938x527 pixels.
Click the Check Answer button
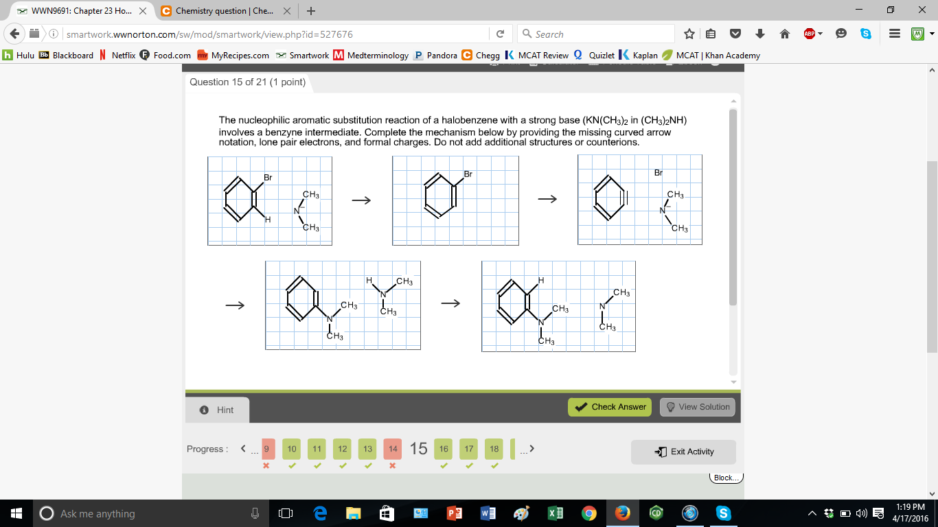[610, 407]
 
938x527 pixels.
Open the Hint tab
[217, 410]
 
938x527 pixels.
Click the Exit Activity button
[683, 452]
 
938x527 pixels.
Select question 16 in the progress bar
[444, 449]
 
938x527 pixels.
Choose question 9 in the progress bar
[267, 449]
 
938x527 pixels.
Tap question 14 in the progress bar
[393, 449]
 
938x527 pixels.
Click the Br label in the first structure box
[268, 178]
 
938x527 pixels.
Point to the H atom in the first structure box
[268, 220]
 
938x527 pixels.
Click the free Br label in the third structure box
[658, 173]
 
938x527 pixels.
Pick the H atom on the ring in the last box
[541, 280]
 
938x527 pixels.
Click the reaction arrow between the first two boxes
[361, 200]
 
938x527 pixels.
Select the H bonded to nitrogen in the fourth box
[369, 281]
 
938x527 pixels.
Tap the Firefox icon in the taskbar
[623, 513]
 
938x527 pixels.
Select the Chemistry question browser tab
[220, 11]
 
